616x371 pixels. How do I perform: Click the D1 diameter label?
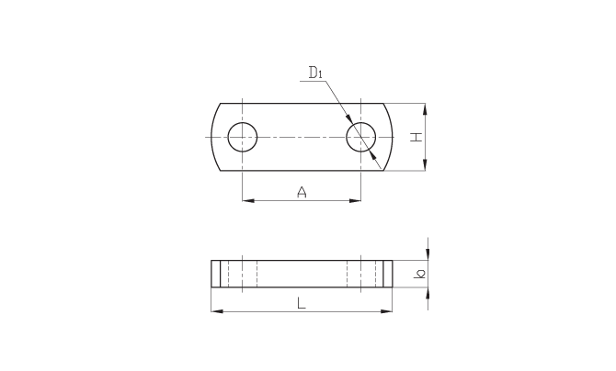click(x=315, y=73)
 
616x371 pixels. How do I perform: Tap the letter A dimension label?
click(x=302, y=192)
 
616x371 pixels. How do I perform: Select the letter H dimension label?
click(x=416, y=137)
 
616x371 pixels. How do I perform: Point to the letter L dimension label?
click(x=301, y=303)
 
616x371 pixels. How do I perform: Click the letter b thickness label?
click(x=419, y=274)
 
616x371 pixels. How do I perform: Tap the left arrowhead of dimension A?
click(x=248, y=200)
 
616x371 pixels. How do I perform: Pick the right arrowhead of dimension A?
click(x=355, y=200)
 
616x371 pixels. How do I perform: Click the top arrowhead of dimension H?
click(x=425, y=109)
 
